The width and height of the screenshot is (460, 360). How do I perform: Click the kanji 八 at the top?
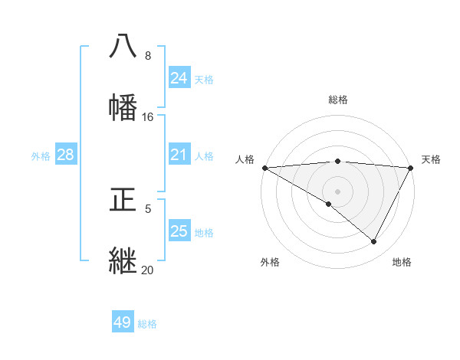pyautogui.click(x=123, y=46)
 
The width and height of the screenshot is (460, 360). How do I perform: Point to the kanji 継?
pyautogui.click(x=123, y=260)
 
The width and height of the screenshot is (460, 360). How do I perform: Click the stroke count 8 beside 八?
pyautogui.click(x=148, y=56)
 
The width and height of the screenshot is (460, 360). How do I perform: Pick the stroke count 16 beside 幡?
pyautogui.click(x=148, y=117)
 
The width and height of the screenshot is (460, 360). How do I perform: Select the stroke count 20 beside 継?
pyautogui.click(x=148, y=270)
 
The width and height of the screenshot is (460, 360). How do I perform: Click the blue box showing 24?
pyautogui.click(x=179, y=78)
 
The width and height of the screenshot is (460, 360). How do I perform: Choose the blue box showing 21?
pyautogui.click(x=179, y=155)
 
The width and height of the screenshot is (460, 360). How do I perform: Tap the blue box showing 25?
pyautogui.click(x=179, y=231)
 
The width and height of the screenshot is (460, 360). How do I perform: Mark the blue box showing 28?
pyautogui.click(x=66, y=155)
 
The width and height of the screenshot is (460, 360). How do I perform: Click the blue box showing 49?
pyautogui.click(x=123, y=323)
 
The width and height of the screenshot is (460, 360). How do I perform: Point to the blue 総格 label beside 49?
pyautogui.click(x=147, y=324)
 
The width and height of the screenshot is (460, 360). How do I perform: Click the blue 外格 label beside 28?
pyautogui.click(x=41, y=156)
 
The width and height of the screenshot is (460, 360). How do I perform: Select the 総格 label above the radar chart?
pyautogui.click(x=338, y=100)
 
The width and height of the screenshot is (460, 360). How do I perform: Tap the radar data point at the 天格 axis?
pyautogui.click(x=411, y=168)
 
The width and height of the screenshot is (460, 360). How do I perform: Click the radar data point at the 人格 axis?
pyautogui.click(x=264, y=168)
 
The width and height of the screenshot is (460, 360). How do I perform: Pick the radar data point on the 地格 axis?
pyautogui.click(x=374, y=242)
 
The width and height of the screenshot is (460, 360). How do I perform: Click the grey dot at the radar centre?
pyautogui.click(x=337, y=191)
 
